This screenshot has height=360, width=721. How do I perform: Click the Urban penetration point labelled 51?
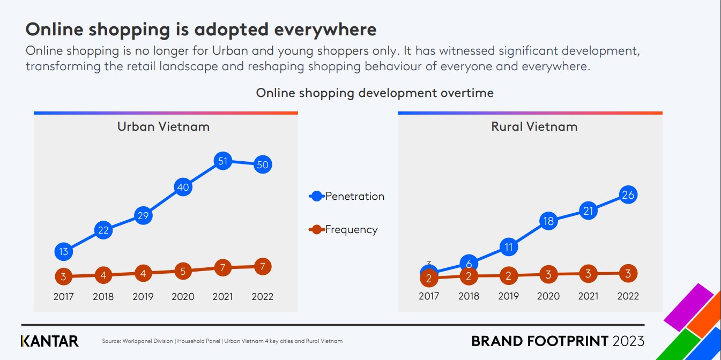(x=222, y=161)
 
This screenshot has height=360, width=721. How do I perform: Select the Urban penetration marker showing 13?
(x=64, y=251)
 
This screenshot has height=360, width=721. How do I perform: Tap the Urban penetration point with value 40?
(x=183, y=187)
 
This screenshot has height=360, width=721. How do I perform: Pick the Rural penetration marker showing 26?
(x=628, y=195)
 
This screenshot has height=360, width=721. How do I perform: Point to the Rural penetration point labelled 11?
(x=509, y=247)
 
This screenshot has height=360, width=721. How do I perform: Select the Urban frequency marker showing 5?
(x=183, y=271)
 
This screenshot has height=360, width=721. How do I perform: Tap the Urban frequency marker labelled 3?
(x=64, y=276)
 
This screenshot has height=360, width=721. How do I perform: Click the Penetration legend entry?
(x=347, y=196)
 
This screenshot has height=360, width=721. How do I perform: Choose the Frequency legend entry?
(x=344, y=230)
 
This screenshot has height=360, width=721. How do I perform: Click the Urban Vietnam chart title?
(x=163, y=126)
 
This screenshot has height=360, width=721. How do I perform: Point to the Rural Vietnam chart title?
(x=534, y=126)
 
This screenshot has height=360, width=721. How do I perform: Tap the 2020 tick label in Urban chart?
(x=183, y=296)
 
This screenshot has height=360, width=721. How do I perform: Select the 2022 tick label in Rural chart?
(x=628, y=296)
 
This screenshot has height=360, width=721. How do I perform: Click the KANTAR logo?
(x=49, y=341)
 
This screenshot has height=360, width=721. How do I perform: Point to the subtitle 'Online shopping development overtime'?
(x=374, y=93)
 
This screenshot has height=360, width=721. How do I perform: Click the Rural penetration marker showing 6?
(x=469, y=263)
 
